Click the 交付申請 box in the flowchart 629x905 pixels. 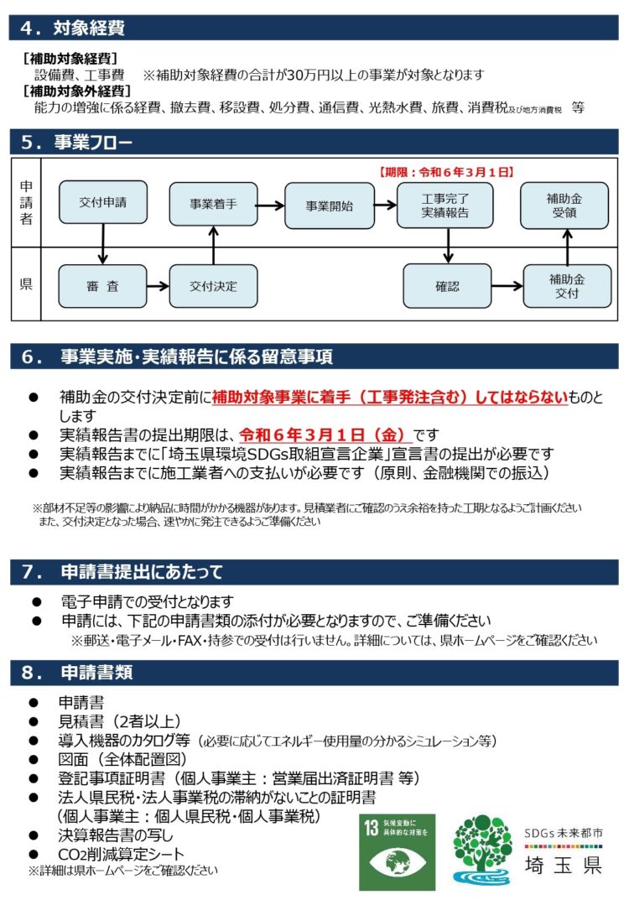(x=102, y=203)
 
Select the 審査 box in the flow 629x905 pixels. (x=102, y=286)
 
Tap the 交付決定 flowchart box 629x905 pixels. (x=213, y=286)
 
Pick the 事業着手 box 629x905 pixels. (x=213, y=205)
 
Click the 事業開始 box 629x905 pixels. (x=329, y=205)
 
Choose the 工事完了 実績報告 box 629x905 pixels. (x=445, y=205)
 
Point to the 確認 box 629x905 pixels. (x=447, y=286)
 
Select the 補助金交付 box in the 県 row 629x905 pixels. (x=567, y=286)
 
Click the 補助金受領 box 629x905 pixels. (x=564, y=205)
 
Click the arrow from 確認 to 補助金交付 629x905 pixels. (x=507, y=286)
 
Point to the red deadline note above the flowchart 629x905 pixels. (x=445, y=172)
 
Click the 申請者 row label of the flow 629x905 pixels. (x=26, y=201)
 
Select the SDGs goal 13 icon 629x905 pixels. (x=397, y=851)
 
